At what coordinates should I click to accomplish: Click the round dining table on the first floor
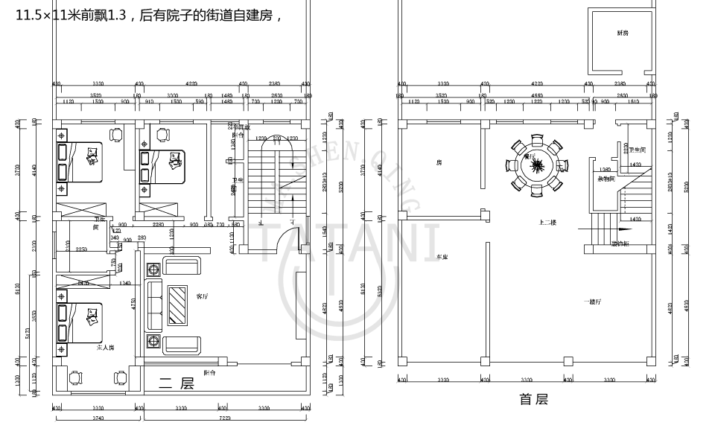click(x=536, y=165)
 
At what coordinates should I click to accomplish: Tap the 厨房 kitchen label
click(x=623, y=33)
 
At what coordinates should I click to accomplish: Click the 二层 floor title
click(x=177, y=383)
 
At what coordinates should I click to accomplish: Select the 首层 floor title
click(x=533, y=400)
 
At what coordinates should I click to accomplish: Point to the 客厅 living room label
click(x=202, y=296)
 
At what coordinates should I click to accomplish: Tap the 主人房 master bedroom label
click(x=105, y=348)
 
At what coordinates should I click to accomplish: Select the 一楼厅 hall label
click(x=592, y=301)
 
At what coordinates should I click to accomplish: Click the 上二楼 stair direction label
click(x=548, y=223)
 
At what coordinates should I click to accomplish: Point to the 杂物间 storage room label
click(x=606, y=179)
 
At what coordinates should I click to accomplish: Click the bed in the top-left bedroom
click(x=79, y=160)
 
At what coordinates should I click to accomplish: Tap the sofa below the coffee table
click(x=182, y=345)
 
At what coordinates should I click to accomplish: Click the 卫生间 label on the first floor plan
click(x=637, y=150)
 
